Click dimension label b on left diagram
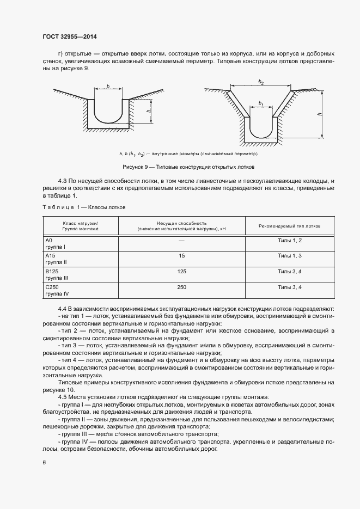(x=108, y=86)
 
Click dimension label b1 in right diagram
(x=261, y=103)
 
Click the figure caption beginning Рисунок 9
(x=179, y=167)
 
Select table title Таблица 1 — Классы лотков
(x=84, y=207)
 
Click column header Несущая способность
(x=181, y=226)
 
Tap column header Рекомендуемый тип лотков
(x=290, y=225)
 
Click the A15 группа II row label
(x=55, y=258)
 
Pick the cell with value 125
(x=181, y=271)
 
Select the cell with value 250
(x=181, y=286)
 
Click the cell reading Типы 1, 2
(x=290, y=240)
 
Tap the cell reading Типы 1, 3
(x=290, y=255)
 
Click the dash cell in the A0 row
(x=181, y=240)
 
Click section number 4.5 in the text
(x=62, y=398)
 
